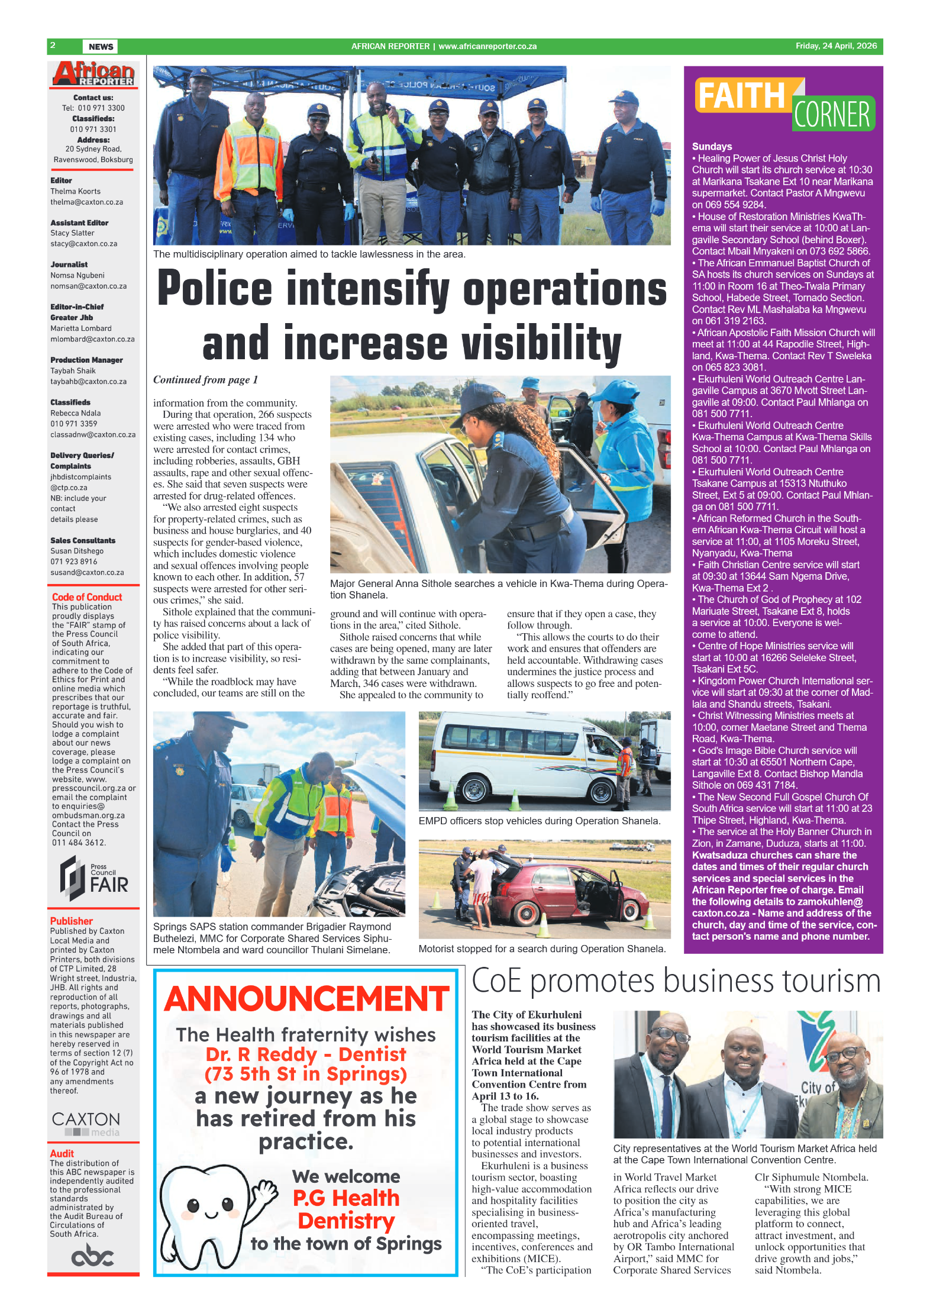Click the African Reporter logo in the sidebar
tap(93, 75)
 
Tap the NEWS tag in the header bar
tap(101, 47)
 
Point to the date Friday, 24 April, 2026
tap(835, 46)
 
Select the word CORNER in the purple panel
tap(831, 115)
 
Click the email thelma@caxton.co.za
tap(87, 202)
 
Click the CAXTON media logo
tap(86, 1123)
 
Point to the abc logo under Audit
tap(92, 1256)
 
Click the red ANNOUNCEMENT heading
tap(306, 999)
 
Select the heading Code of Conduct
tap(87, 597)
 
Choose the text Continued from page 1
tap(205, 380)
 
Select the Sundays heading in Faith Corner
tap(712, 147)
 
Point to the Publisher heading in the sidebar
tap(72, 921)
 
